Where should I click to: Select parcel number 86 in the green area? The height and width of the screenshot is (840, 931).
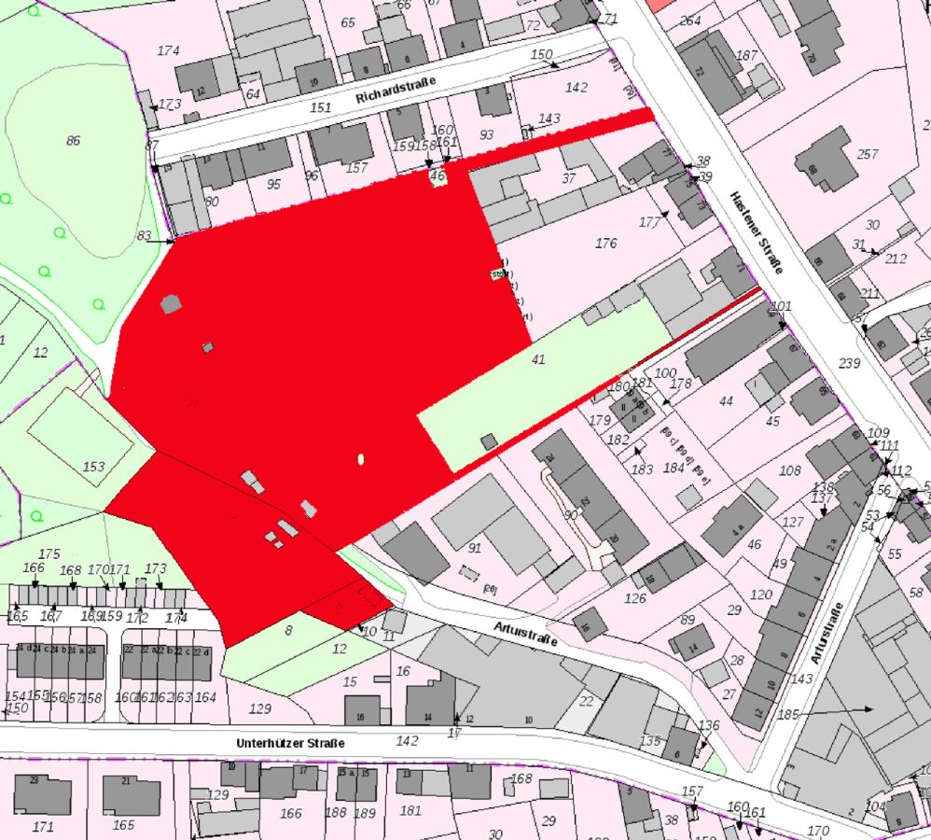pos(73,141)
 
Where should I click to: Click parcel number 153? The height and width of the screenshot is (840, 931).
pos(93,466)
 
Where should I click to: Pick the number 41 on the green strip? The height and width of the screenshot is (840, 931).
pos(537,358)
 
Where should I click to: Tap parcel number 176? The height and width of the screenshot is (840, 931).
pos(605,244)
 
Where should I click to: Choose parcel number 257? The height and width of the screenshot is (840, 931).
pos(868,154)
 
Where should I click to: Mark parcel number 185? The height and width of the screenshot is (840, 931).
pos(789,715)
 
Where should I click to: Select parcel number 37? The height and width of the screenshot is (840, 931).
pos(568,178)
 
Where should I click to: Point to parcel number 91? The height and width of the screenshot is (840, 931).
pos(474,548)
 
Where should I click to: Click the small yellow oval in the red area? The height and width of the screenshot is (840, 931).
pos(361,458)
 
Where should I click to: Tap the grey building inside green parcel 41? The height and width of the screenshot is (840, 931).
pos(489,441)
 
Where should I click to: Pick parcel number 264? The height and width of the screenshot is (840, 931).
pos(690,21)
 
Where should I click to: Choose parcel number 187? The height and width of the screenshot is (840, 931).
pos(746,56)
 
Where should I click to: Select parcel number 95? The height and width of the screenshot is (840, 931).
pos(273,184)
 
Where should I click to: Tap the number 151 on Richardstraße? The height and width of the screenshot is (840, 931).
pos(320,108)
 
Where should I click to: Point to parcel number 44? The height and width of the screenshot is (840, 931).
pos(727,401)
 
